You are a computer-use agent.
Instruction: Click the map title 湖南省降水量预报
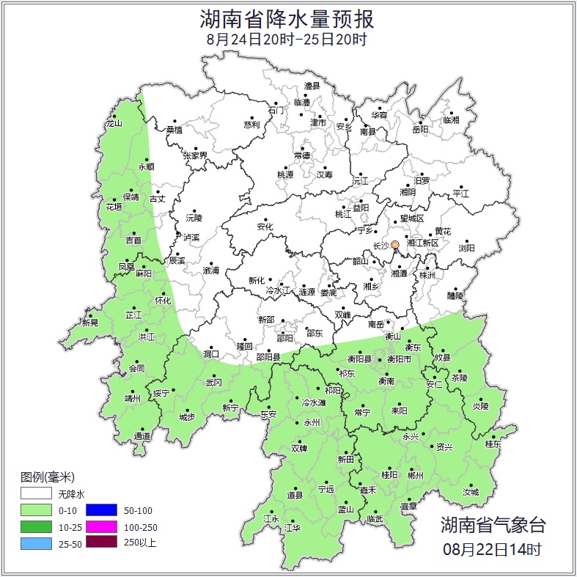(x=287, y=18)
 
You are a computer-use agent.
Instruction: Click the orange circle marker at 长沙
(x=395, y=244)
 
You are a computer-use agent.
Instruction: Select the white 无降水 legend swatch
(x=36, y=493)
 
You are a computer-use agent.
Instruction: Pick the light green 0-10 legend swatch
(x=36, y=510)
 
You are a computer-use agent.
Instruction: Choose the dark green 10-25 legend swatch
(x=36, y=527)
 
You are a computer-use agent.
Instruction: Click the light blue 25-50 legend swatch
(x=36, y=543)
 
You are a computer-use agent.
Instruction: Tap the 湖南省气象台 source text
(x=493, y=525)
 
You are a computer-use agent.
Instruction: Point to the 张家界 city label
(x=195, y=155)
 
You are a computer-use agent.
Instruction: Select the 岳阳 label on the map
(x=420, y=130)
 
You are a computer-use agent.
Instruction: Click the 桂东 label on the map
(x=493, y=444)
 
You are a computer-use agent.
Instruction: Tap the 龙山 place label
(x=114, y=123)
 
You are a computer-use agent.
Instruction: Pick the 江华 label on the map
(x=293, y=528)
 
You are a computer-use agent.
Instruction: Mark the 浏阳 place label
(x=466, y=248)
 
